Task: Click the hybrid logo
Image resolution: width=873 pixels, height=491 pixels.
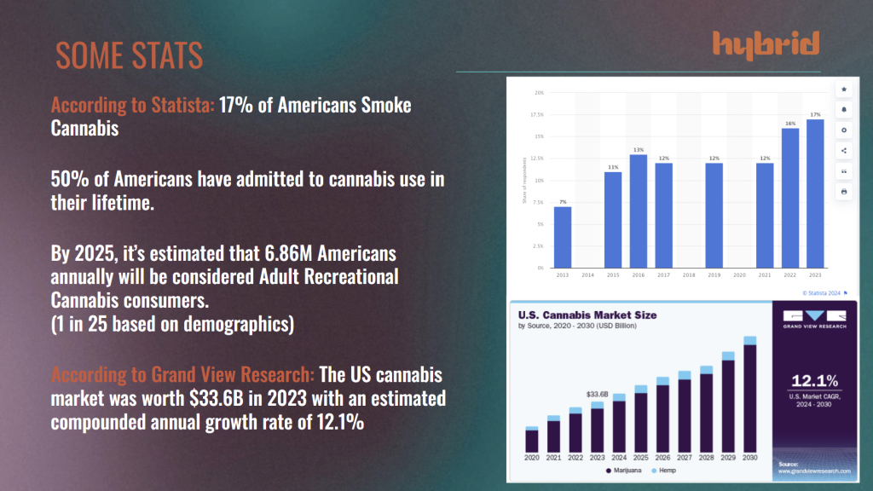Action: [766, 43]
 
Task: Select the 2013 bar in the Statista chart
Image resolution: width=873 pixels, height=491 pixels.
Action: [563, 237]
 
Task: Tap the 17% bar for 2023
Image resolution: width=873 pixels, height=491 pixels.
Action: [815, 194]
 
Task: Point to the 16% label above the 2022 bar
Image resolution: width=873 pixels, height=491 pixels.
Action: [790, 124]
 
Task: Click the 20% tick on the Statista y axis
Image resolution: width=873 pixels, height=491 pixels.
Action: [539, 92]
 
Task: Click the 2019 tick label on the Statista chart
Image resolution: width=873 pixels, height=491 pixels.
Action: [714, 276]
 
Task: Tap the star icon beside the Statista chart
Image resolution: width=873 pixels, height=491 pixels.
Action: [844, 89]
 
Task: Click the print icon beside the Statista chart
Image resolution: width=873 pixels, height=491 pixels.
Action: [844, 192]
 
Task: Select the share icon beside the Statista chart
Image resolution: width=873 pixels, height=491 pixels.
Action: [844, 151]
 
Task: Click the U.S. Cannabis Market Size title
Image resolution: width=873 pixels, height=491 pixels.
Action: [587, 315]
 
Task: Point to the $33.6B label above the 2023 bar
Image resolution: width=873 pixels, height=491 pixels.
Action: [597, 395]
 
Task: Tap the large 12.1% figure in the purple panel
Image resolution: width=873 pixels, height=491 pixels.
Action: [814, 380]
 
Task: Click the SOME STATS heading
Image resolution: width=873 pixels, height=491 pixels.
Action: [129, 55]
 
